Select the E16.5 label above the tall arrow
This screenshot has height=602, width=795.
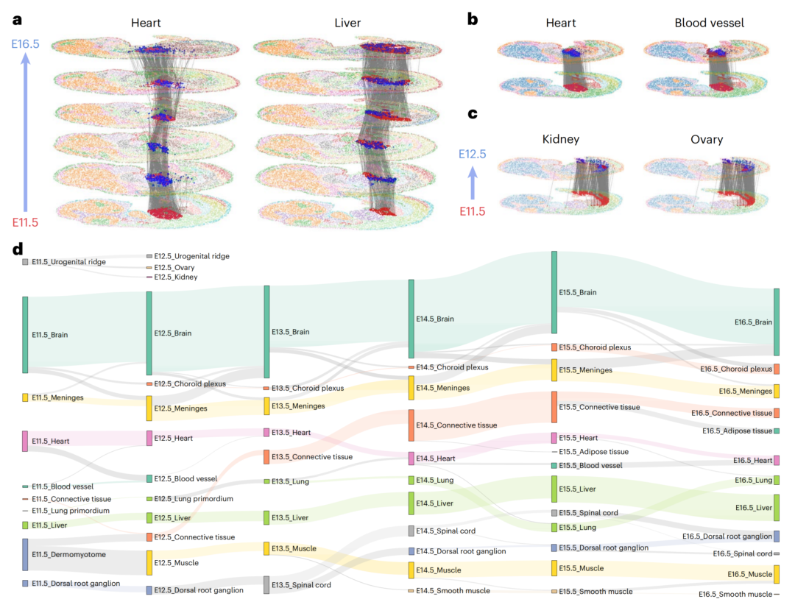[26, 46]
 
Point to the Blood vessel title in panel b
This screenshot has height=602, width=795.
[709, 23]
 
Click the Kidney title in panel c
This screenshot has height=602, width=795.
[560, 139]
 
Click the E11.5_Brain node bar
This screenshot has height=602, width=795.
[25, 335]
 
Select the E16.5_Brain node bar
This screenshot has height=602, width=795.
[777, 322]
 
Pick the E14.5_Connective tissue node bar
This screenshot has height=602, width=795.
[411, 425]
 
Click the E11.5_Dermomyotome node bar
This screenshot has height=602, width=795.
[25, 554]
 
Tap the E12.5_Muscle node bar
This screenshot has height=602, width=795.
[149, 563]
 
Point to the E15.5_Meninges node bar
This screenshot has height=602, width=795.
[554, 370]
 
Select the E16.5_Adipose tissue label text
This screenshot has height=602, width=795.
[737, 431]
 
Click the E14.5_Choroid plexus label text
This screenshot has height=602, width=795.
[452, 366]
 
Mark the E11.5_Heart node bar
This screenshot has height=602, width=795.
[25, 441]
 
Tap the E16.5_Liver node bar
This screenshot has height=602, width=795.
[777, 508]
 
